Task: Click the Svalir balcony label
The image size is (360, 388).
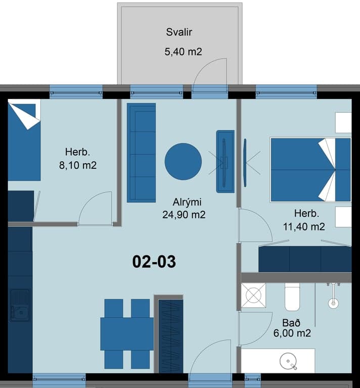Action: [x=179, y=32]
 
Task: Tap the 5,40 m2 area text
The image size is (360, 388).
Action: [x=183, y=52]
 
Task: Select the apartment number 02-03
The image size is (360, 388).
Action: [x=154, y=262]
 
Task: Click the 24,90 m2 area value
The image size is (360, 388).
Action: [x=184, y=215]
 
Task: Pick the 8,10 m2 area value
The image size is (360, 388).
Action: [x=78, y=165]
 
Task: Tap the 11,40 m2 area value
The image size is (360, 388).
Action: [x=304, y=227]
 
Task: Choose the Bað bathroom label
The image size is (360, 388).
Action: [x=291, y=323]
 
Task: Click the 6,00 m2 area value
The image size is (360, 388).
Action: [x=292, y=333]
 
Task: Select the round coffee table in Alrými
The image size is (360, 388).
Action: [x=183, y=162]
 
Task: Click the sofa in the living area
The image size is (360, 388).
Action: [x=142, y=153]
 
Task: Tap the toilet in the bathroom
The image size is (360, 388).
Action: [x=292, y=297]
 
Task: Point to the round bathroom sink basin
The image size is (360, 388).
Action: [x=288, y=361]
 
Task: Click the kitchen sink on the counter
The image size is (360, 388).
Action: [x=20, y=306]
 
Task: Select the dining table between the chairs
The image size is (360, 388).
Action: [x=127, y=334]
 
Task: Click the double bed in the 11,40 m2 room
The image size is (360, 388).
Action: [x=311, y=170]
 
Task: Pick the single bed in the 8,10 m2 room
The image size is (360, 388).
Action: [x=24, y=140]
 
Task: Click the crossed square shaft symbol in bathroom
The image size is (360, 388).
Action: [x=253, y=296]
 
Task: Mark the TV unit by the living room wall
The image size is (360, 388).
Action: [x=226, y=161]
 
